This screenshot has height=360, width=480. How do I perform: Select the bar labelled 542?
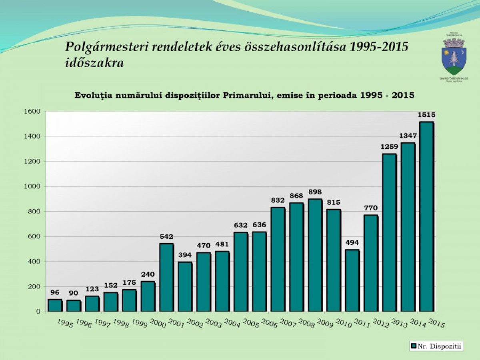pyautogui.click(x=166, y=277)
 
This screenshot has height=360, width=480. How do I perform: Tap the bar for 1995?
pyautogui.click(x=55, y=305)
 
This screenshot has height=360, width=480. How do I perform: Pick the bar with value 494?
pyautogui.click(x=352, y=280)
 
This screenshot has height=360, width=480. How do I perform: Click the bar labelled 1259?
pyautogui.click(x=389, y=232)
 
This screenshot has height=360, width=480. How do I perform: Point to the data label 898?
pyautogui.click(x=315, y=192)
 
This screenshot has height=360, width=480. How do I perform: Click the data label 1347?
pyautogui.click(x=408, y=136)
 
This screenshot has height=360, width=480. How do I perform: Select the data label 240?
pyautogui.click(x=148, y=274)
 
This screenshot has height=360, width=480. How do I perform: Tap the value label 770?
pyautogui.click(x=371, y=208)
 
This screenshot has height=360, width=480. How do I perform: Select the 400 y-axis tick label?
pyautogui.click(x=34, y=262)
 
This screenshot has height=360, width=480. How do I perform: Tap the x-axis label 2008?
pyautogui.click(x=306, y=323)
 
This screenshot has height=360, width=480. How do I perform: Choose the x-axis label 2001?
pyautogui.click(x=176, y=323)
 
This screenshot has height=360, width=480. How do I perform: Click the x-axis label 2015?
pyautogui.click(x=436, y=323)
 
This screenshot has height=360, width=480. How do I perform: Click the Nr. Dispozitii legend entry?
pyautogui.click(x=436, y=346)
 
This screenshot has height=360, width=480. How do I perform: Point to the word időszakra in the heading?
pyautogui.click(x=94, y=63)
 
